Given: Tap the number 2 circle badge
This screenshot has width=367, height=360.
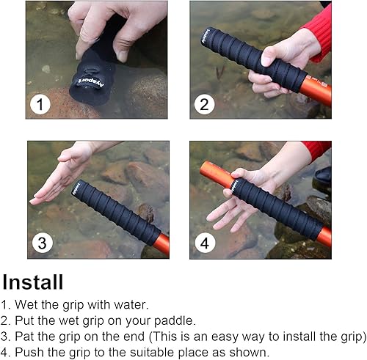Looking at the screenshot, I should pyautogui.click(x=204, y=104).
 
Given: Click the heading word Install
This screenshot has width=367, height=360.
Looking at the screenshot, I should pyautogui.click(x=32, y=282).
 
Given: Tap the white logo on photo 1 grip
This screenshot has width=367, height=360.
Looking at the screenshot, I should pyautogui.click(x=84, y=81).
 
